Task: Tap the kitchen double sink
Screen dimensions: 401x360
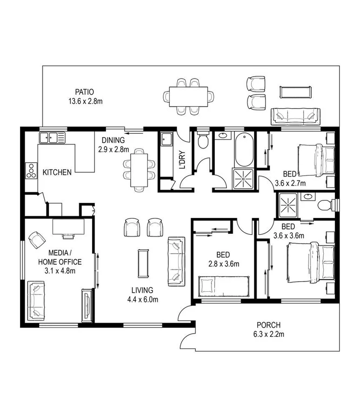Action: tap(51, 138)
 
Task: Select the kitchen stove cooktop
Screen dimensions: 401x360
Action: tap(32, 170)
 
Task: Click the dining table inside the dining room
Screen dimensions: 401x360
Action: tap(139, 170)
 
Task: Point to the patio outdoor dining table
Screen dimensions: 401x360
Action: tap(188, 97)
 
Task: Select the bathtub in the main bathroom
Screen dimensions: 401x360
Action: tap(244, 150)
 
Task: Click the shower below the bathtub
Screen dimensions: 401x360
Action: tap(244, 178)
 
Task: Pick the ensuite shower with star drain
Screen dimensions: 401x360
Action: tap(288, 204)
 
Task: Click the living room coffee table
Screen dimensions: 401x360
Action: tap(143, 263)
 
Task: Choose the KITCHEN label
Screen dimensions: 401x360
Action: tap(57, 172)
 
